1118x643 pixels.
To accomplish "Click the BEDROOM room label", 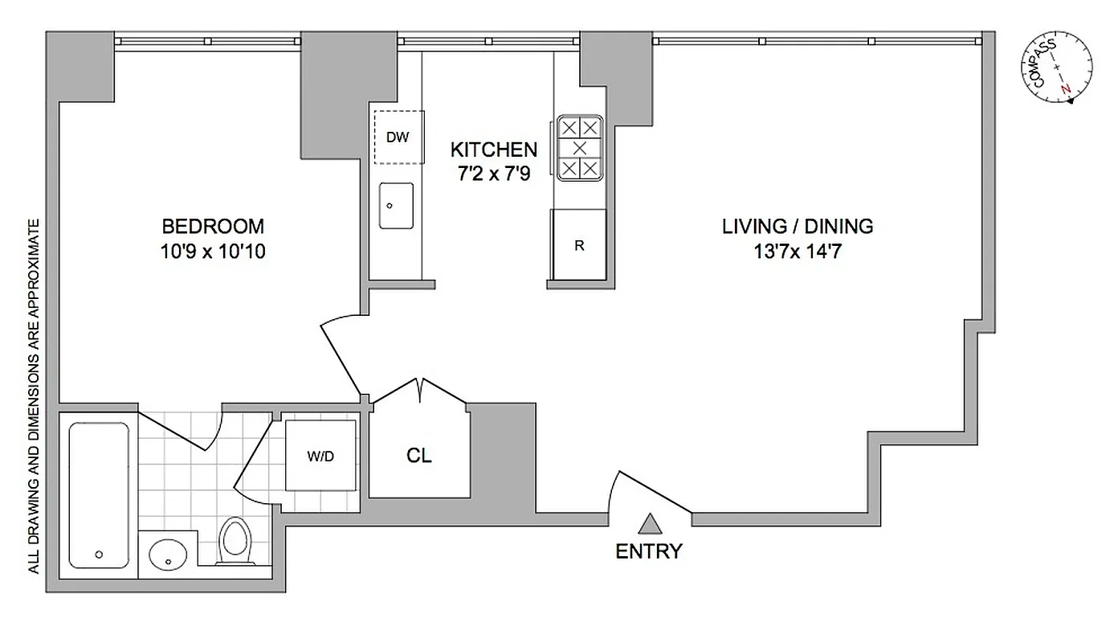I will coord(213,226).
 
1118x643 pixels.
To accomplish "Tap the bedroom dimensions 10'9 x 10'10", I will coord(213,252).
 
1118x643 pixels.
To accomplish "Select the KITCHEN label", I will coord(493,149).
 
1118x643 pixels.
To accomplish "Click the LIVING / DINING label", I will coord(797,226).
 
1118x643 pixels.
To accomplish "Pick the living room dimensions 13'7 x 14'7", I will coord(797,252).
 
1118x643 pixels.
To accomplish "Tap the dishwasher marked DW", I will coord(397,137).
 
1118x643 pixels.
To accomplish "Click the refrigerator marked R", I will coord(578,246).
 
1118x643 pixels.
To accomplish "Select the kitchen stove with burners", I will coord(579,148).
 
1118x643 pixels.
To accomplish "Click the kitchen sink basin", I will coord(395,206).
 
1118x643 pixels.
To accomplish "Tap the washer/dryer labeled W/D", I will coord(320,456).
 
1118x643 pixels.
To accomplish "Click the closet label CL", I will coord(419,456).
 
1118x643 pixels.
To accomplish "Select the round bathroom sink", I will coord(169,552).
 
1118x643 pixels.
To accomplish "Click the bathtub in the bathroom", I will coord(99,494).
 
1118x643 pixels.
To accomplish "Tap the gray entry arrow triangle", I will coord(649,524).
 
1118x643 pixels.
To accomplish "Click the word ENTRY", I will coord(648,551).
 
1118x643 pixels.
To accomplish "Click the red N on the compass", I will coord(1066,88).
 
